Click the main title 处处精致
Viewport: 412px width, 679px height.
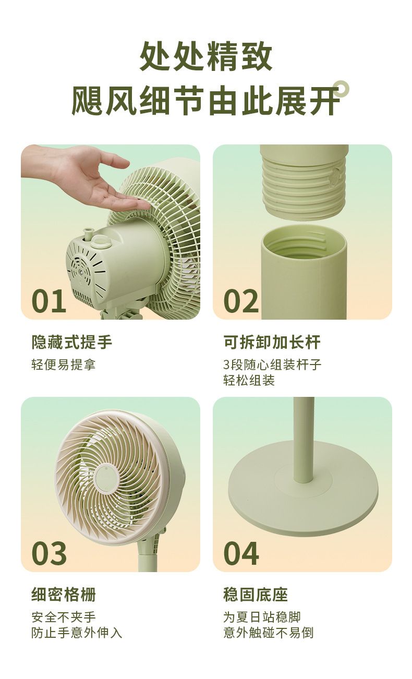coord(206,56)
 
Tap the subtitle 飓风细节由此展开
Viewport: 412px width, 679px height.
coord(206,100)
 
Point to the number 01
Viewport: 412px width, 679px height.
coord(49,301)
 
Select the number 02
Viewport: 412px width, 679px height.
coord(241,301)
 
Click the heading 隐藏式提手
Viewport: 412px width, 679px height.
coord(72,342)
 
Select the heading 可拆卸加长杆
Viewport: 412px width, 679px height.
coord(272,342)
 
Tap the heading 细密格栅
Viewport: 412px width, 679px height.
coord(64,595)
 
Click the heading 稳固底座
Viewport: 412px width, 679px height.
coord(256,595)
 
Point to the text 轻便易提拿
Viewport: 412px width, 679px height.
coord(63,365)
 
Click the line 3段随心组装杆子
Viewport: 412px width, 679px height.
coord(272,365)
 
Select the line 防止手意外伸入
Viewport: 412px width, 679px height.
coord(77,633)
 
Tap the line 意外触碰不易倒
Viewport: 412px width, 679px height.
coord(268,633)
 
